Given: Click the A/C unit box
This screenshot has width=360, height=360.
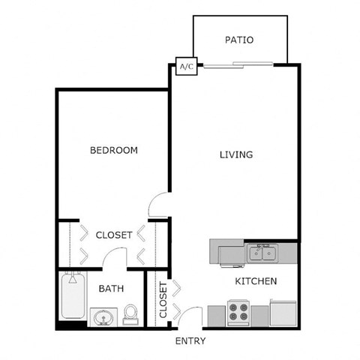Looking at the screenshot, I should pyautogui.click(x=186, y=67).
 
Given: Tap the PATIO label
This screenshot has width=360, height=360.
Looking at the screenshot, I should pyautogui.click(x=239, y=40).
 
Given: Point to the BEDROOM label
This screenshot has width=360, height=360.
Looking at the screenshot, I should pyautogui.click(x=114, y=150).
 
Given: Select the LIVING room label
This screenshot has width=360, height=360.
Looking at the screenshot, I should pyautogui.click(x=235, y=155).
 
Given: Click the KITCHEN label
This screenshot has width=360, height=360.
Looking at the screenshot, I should pyautogui.click(x=256, y=281).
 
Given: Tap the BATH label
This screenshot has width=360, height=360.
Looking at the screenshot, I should pyautogui.click(x=111, y=288).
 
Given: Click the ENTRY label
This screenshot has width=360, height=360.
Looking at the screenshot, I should pyautogui.click(x=190, y=341).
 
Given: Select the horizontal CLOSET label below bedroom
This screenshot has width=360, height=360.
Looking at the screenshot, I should pyautogui.click(x=114, y=235).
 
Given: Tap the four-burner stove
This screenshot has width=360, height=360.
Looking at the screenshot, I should pyautogui.click(x=238, y=311).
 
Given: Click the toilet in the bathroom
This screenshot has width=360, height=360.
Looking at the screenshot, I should pyautogui.click(x=131, y=313).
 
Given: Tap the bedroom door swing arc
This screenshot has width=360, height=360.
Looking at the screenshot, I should pyautogui.click(x=159, y=203).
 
